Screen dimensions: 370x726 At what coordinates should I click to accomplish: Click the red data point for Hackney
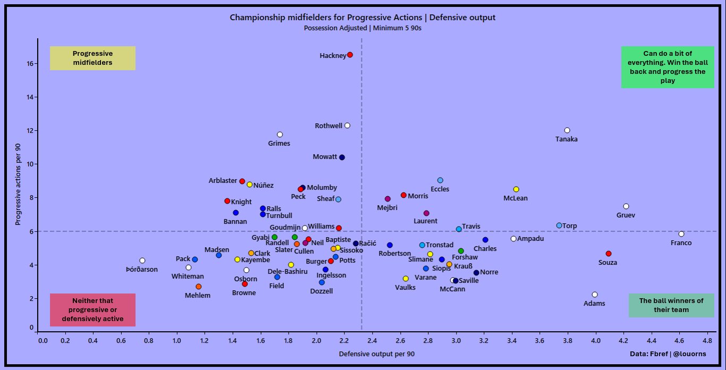pyautogui.click(x=350, y=55)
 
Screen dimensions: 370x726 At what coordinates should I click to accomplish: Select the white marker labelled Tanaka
pyautogui.click(x=567, y=130)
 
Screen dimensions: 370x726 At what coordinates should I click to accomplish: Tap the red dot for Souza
pyautogui.click(x=609, y=254)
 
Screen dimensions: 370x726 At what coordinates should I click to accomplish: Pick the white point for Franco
pyautogui.click(x=681, y=234)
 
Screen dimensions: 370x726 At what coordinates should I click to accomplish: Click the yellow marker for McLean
pyautogui.click(x=516, y=189)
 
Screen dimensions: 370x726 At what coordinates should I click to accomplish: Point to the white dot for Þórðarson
pyautogui.click(x=142, y=260)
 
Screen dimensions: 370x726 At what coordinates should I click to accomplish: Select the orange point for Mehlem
pyautogui.click(x=198, y=287)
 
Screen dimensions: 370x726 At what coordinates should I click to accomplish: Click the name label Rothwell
pyautogui.click(x=328, y=126)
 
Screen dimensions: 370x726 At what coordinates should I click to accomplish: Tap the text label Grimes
pyautogui.click(x=279, y=142)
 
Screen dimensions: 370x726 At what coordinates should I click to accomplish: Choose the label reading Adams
pyautogui.click(x=594, y=304)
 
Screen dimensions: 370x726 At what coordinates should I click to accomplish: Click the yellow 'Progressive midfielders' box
pyautogui.click(x=92, y=58)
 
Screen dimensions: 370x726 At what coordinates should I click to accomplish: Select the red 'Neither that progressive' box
pyautogui.click(x=92, y=310)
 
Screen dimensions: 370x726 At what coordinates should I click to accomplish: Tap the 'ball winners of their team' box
pyautogui.click(x=671, y=305)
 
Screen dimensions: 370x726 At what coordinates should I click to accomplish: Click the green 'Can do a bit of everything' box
pyautogui.click(x=668, y=68)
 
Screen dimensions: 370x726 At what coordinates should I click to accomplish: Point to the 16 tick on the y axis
pyautogui.click(x=30, y=64)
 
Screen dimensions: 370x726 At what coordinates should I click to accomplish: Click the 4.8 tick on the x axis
pyautogui.click(x=707, y=340)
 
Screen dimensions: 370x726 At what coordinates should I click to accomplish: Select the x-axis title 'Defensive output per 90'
pyautogui.click(x=376, y=354)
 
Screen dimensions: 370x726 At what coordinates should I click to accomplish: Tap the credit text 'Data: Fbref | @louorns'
pyautogui.click(x=673, y=354)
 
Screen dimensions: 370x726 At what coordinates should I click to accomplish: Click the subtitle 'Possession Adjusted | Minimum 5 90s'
pyautogui.click(x=362, y=28)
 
